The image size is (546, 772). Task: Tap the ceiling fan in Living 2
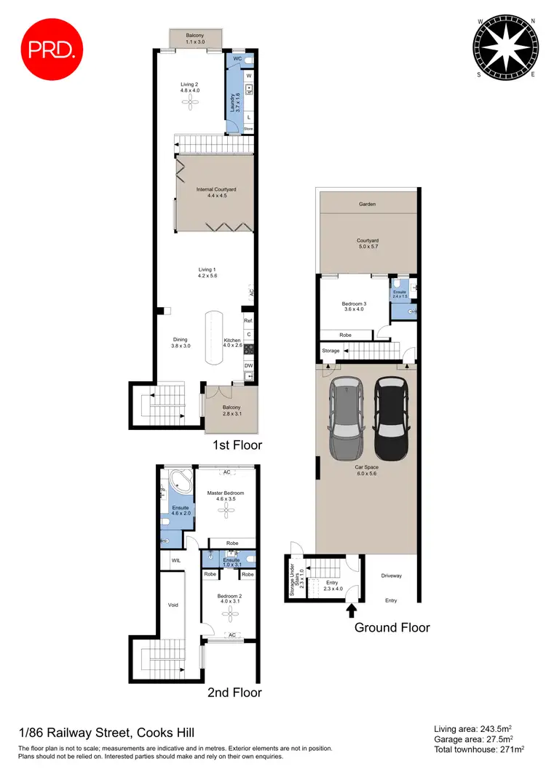(x=190, y=103)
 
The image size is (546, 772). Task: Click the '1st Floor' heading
(x=236, y=445)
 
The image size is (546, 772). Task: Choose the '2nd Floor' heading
(x=235, y=693)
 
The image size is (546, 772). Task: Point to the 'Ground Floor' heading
(x=392, y=627)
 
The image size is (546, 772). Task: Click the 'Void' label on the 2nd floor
(x=173, y=605)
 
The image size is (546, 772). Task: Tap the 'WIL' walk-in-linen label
(x=175, y=561)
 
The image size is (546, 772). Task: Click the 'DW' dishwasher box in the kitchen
(x=248, y=365)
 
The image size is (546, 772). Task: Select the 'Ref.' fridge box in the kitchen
(x=248, y=321)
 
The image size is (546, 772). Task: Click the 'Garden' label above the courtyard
(x=367, y=204)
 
